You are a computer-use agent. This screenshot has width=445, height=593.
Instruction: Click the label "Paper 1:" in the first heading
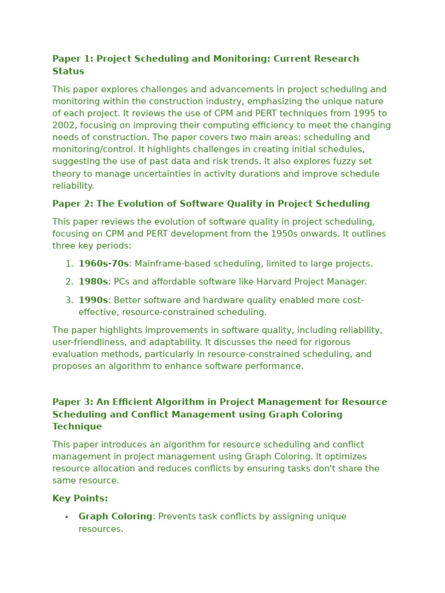pos(72,59)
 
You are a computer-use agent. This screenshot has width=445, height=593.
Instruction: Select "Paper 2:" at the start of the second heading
pos(72,204)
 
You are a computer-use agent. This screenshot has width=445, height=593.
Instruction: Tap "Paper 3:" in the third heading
pos(72,402)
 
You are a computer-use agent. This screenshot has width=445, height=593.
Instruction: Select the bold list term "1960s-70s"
pos(104,264)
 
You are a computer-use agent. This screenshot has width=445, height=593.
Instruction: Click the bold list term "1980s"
pos(93,282)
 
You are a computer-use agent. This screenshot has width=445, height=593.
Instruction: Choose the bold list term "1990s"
pos(93,301)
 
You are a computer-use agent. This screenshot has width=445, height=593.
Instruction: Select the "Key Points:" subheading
pos(80,499)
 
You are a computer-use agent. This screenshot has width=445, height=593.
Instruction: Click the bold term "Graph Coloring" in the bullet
pos(115,517)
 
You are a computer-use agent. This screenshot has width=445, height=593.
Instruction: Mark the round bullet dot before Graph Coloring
pos(67,517)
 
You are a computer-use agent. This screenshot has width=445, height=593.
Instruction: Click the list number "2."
pos(70,282)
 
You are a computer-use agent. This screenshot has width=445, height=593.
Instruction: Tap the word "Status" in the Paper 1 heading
pos(68,71)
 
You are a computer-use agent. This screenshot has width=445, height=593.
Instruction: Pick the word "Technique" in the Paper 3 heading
pos(77,427)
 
